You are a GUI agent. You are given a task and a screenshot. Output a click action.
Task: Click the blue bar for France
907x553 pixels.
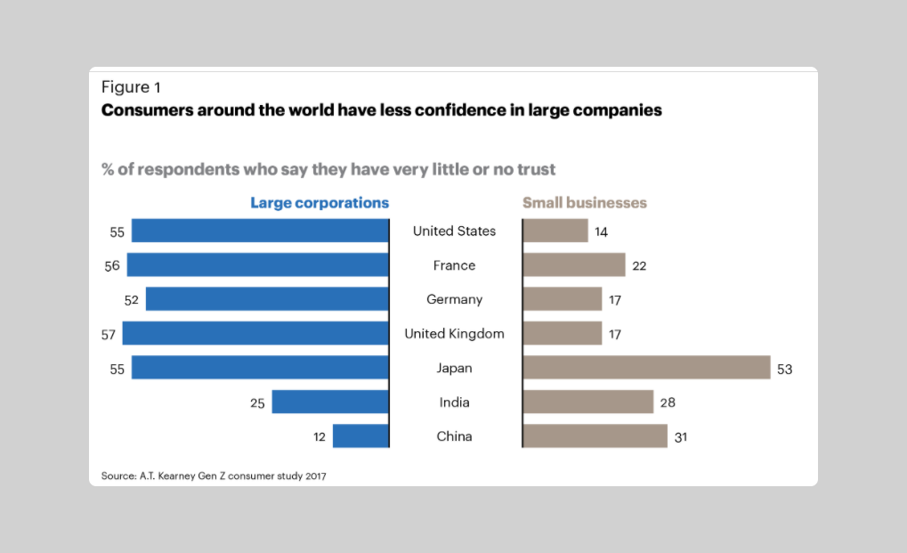[x=258, y=264]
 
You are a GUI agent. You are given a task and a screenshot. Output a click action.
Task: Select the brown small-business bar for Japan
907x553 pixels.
[x=646, y=368]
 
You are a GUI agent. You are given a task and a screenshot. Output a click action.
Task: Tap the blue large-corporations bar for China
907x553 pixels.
[x=360, y=436]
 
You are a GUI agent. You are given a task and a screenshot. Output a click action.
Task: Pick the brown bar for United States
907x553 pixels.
[x=555, y=231]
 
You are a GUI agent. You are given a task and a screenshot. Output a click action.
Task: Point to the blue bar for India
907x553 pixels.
[x=330, y=403]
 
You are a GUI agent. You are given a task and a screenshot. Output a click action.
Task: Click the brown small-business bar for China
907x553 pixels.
[x=595, y=436]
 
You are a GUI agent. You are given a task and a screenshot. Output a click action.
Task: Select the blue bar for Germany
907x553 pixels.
[x=267, y=299]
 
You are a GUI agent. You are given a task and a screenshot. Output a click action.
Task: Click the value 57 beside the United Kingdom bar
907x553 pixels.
[x=109, y=335]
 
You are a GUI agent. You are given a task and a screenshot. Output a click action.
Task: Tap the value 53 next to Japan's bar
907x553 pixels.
[x=784, y=369]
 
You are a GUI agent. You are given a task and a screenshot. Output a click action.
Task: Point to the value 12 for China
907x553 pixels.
[x=320, y=437]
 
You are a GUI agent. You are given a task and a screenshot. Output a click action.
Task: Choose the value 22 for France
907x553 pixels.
[x=640, y=266]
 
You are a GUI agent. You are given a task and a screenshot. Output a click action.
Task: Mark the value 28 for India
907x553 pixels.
[x=668, y=403]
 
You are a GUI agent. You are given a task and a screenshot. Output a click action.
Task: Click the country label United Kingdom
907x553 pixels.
[x=454, y=334]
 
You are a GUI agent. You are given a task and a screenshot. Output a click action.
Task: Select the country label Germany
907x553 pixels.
[x=454, y=300]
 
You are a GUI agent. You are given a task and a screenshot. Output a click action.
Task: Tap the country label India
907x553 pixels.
[x=454, y=403]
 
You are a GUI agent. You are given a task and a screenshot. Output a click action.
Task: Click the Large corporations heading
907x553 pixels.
[x=320, y=203]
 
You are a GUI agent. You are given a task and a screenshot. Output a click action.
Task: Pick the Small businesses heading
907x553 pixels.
[x=585, y=203]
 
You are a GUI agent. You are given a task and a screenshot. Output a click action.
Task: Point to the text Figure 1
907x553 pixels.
[x=131, y=87]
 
